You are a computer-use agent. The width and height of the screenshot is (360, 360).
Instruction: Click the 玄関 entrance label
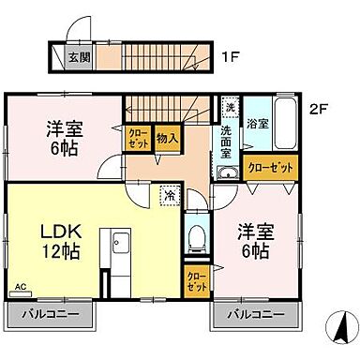[78, 57]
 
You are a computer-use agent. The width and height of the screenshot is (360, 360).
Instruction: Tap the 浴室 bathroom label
[257, 122]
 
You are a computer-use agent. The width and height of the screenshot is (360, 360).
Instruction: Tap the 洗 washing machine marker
[230, 107]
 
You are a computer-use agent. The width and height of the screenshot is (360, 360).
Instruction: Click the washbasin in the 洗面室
[226, 172]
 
